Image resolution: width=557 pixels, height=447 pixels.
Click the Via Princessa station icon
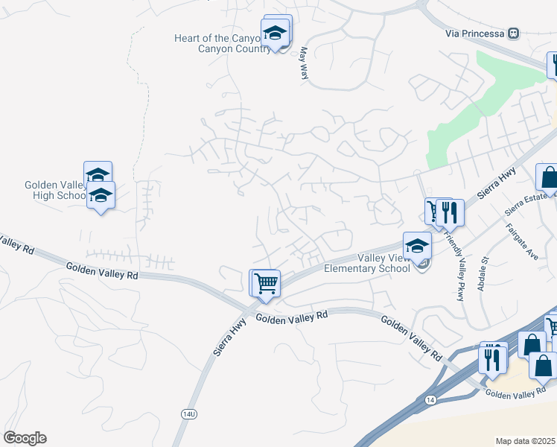513,34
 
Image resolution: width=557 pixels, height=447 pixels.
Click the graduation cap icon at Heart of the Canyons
275,33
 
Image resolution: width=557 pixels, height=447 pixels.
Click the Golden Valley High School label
55,190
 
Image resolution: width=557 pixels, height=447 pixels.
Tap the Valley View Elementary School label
366,263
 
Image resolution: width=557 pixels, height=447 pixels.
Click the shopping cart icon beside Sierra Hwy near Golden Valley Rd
266,282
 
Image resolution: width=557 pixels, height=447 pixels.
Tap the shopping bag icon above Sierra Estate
549,177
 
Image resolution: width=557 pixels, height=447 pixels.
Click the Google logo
25,437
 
